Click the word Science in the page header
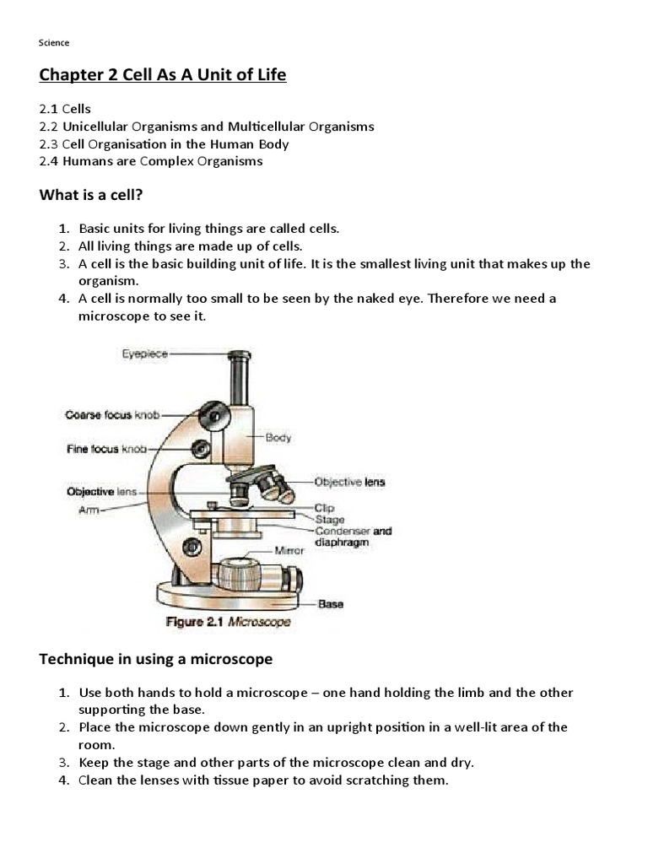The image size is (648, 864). click(x=54, y=42)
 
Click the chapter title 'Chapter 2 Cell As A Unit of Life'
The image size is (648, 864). click(x=163, y=75)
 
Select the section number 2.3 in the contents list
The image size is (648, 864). click(x=49, y=143)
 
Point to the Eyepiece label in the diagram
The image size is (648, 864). click(x=145, y=355)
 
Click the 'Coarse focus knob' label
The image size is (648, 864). click(x=112, y=414)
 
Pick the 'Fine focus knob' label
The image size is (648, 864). click(x=106, y=449)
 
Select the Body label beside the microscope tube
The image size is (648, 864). click(x=278, y=437)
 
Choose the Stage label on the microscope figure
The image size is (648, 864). click(x=329, y=519)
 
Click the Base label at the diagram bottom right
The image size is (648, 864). click(x=331, y=604)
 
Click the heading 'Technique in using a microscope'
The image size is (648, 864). click(x=156, y=658)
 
